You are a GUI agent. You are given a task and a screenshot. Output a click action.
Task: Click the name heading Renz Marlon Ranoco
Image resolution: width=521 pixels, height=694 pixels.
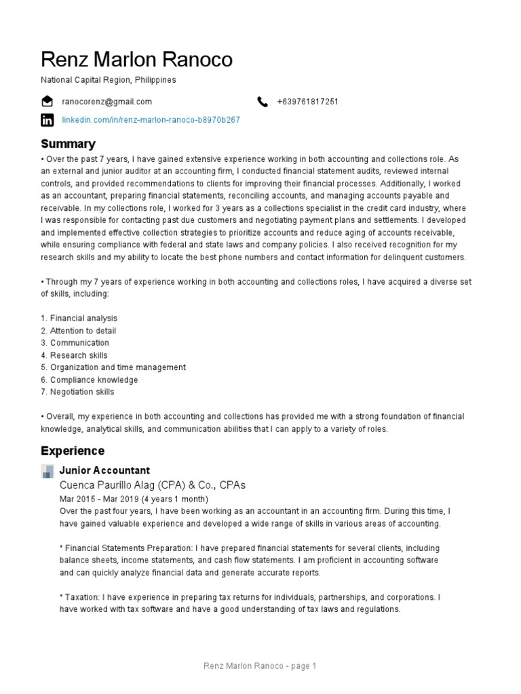[136, 60]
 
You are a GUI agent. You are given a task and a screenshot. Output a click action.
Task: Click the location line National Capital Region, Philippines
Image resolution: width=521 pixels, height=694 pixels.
[109, 80]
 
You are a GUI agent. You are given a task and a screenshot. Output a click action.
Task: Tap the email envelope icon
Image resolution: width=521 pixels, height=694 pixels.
[47, 102]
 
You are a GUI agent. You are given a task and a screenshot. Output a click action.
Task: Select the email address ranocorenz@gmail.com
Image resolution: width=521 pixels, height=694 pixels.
[107, 102]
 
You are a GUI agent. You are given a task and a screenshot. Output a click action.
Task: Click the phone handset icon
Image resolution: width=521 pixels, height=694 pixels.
[263, 102]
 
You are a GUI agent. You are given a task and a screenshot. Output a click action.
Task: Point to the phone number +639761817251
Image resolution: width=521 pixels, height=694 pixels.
[307, 102]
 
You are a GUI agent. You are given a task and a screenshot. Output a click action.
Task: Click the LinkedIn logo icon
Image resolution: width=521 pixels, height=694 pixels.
[47, 120]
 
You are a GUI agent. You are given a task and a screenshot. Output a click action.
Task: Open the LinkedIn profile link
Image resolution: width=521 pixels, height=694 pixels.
[151, 120]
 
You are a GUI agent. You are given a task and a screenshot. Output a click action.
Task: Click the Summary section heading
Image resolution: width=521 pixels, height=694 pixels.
[68, 144]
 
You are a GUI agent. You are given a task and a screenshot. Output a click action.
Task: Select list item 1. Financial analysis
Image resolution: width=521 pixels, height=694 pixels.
[79, 319]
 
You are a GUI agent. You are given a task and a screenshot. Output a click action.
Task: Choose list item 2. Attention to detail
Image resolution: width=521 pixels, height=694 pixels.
[78, 331]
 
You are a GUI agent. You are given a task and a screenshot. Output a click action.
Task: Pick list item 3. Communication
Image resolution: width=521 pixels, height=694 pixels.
[75, 343]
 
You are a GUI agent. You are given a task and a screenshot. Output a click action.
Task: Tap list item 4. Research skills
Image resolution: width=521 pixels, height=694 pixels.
[74, 355]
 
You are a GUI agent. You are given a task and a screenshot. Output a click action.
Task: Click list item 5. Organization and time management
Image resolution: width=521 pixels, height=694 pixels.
[113, 367]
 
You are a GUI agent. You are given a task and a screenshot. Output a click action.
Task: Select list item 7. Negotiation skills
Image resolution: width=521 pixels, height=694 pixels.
[77, 392]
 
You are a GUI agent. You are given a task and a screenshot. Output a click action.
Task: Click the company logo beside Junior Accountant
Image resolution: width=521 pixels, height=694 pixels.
[47, 471]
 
